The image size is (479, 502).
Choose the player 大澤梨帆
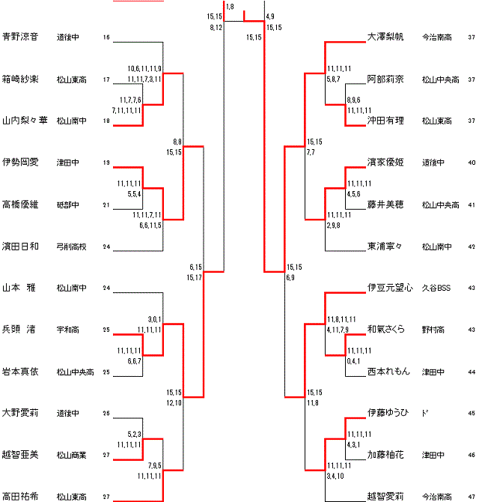(x=386, y=36)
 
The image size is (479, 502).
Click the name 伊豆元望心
(x=390, y=287)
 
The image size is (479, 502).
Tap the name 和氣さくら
(x=386, y=329)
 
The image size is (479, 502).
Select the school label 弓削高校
(x=71, y=246)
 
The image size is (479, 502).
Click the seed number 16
(x=106, y=37)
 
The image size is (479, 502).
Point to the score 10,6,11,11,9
(x=144, y=68)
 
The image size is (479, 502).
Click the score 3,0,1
(x=156, y=319)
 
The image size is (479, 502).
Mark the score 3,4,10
(x=335, y=476)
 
